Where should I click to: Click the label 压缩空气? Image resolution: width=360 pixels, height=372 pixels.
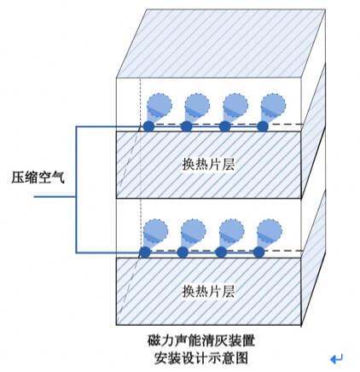point(38,177)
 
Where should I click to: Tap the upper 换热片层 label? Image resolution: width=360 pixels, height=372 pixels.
point(208,164)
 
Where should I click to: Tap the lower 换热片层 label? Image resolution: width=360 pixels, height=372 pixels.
point(208,291)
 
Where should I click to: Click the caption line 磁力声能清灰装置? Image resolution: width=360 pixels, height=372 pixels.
point(201,340)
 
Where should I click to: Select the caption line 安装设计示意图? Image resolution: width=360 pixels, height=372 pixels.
point(201,357)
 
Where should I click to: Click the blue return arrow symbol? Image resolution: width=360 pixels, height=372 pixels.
point(336,359)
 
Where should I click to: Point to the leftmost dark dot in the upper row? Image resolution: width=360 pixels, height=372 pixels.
point(148,126)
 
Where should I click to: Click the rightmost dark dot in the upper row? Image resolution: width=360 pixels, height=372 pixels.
point(263,126)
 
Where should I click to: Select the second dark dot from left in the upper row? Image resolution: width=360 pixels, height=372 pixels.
point(187,126)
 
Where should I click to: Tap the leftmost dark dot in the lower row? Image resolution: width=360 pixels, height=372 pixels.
point(145,252)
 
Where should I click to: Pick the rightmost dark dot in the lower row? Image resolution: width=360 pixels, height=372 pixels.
point(258,252)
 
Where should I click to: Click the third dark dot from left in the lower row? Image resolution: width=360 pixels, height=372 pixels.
point(221,252)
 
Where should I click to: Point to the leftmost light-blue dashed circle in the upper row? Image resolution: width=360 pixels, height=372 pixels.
point(160,105)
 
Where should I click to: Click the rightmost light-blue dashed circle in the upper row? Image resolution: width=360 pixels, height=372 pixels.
point(273,105)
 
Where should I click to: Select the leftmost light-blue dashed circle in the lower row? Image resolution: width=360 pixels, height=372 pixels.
point(155,230)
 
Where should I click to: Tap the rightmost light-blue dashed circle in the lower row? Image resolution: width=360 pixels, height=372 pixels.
point(270,230)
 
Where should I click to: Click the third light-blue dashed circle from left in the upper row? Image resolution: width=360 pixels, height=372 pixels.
point(235,105)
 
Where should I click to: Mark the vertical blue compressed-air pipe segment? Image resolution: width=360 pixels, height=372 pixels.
point(76,189)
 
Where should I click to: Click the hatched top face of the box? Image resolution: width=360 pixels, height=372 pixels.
point(221,43)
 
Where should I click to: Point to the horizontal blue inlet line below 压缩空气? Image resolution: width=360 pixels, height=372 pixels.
point(55,196)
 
